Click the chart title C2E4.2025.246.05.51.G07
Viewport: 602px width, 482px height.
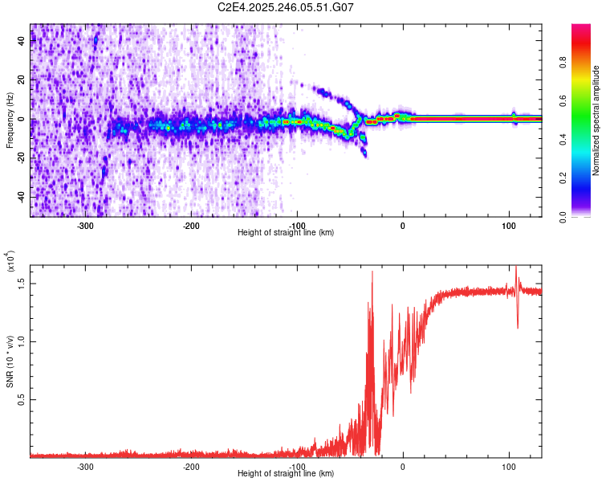(x=287, y=7)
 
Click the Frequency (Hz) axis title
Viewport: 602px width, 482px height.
(x=10, y=120)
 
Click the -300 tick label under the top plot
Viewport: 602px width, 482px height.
(x=84, y=226)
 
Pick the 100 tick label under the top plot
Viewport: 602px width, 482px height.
(x=509, y=226)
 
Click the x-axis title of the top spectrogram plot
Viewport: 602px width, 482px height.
(x=286, y=233)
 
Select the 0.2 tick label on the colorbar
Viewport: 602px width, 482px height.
(x=588, y=178)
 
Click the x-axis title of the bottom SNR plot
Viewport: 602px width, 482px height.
(x=286, y=474)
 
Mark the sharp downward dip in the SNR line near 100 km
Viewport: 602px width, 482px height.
(x=517, y=326)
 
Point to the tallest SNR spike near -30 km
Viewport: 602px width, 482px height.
(x=372, y=272)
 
